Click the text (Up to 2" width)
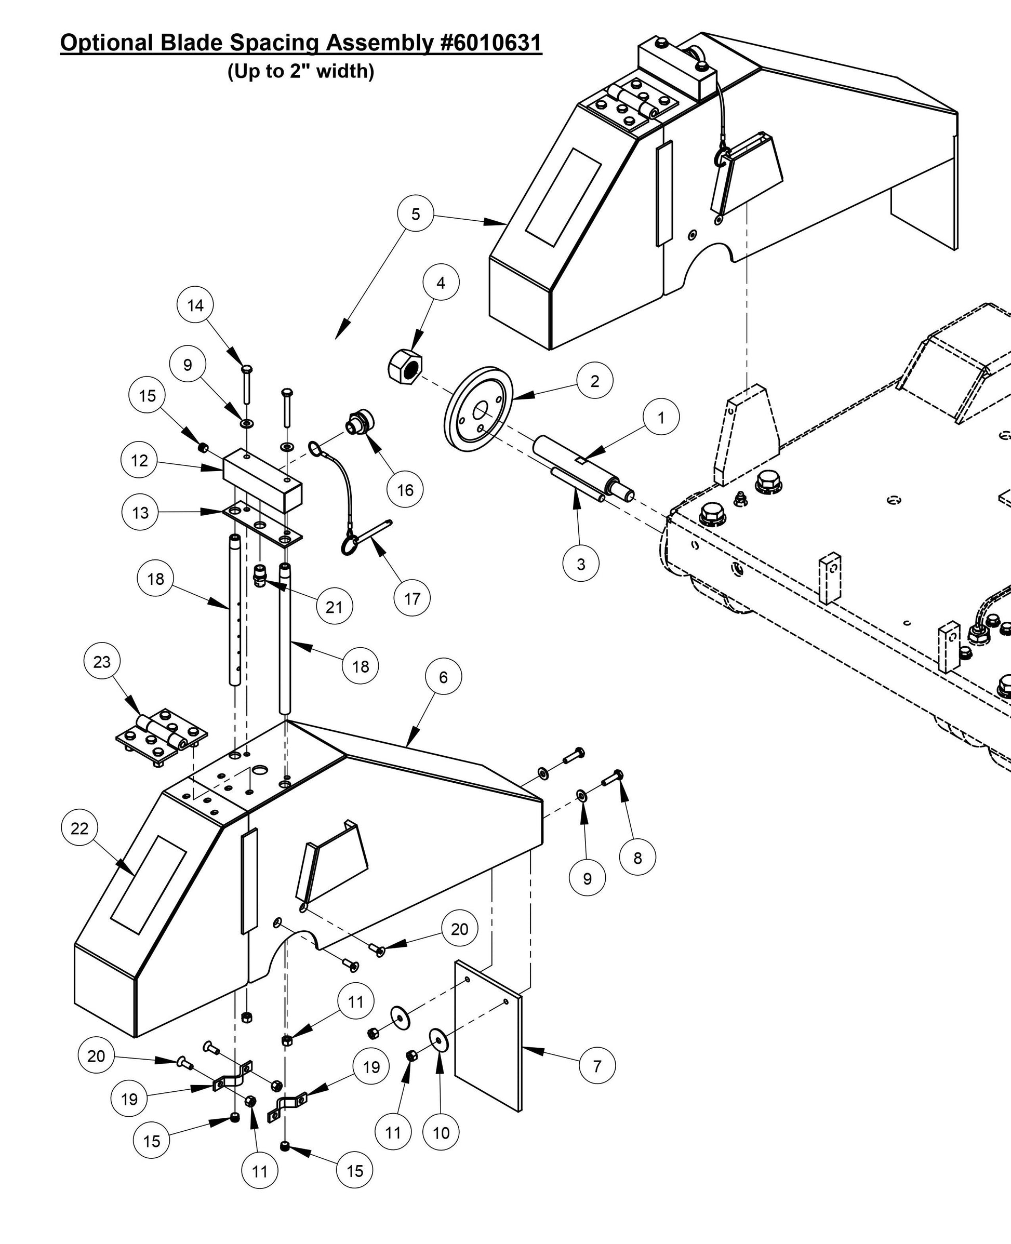pos(300,71)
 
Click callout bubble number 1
pos(660,418)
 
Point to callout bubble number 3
pos(581,564)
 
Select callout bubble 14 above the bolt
pos(196,305)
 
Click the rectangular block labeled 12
pos(262,479)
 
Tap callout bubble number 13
pos(140,512)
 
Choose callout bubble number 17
pos(412,598)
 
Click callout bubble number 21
pos(334,607)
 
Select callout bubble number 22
pos(79,828)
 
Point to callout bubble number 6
pos(443,676)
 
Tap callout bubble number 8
pos(637,857)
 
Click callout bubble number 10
pos(441,1132)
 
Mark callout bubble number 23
pos(102,661)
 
